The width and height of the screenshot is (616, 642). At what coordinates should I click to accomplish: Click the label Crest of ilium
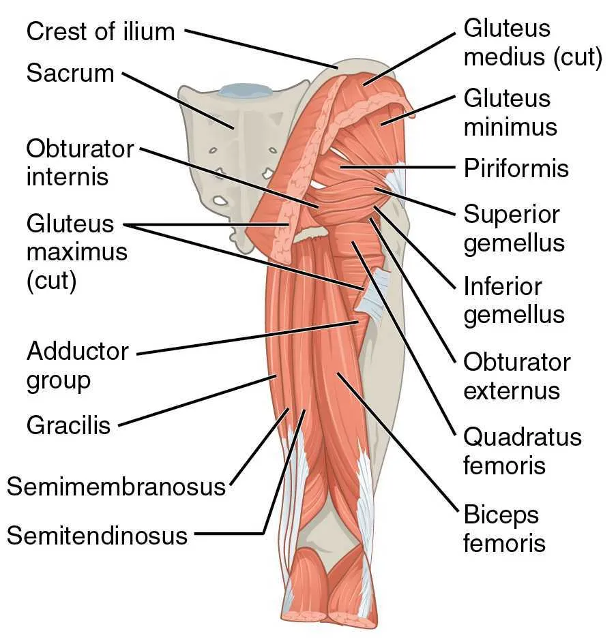100,31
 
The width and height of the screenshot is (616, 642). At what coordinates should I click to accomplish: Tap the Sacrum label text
70,74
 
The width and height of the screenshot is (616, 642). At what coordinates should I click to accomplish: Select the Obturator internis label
80,163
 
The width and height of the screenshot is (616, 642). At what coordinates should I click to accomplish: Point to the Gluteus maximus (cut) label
76,251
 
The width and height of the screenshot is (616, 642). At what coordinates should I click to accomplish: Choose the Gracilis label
68,425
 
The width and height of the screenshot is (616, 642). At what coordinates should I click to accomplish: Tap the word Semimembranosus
117,487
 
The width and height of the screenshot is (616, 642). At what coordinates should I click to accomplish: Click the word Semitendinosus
97,536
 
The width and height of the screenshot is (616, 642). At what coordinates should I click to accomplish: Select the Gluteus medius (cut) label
533,42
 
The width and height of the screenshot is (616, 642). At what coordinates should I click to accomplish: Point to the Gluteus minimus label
510,112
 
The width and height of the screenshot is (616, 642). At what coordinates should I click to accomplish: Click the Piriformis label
516,168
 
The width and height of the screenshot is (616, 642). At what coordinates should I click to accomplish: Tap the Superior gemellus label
514,228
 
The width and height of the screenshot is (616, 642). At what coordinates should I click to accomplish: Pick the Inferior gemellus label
514,301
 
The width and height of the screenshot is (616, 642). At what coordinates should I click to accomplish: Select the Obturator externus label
517,376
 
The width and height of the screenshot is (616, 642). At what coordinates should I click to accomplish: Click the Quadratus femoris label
522,451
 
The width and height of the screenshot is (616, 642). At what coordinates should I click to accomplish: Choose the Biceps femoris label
504,529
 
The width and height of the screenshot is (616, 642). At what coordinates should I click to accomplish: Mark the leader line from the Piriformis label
398,168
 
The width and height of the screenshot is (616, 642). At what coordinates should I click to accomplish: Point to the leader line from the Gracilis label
198,401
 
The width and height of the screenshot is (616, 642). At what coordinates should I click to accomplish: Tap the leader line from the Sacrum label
178,101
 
